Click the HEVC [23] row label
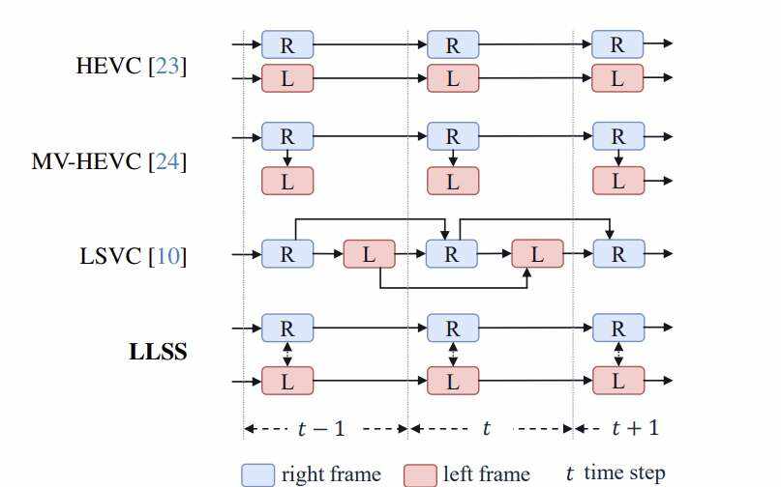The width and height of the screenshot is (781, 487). (x=132, y=67)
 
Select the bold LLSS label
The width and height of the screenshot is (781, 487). (x=158, y=352)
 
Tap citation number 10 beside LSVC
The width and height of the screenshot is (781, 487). (x=169, y=256)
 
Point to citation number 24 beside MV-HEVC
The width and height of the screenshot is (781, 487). (x=166, y=160)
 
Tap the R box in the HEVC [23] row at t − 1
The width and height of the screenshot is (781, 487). (x=287, y=44)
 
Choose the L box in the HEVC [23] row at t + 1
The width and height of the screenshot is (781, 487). (x=617, y=79)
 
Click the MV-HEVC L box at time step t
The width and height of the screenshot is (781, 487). (x=452, y=180)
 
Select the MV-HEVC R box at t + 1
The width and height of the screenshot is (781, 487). (x=617, y=137)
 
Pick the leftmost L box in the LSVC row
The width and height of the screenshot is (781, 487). (x=369, y=255)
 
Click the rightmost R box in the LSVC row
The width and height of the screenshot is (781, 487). (x=617, y=255)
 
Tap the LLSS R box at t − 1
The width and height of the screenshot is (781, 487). (x=287, y=329)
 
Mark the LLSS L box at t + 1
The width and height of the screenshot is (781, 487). (x=617, y=382)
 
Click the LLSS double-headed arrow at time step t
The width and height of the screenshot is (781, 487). (x=452, y=356)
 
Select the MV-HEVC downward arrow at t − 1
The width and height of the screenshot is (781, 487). (x=287, y=158)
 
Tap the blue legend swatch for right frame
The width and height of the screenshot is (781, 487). (x=257, y=474)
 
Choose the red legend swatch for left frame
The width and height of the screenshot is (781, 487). (x=420, y=474)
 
